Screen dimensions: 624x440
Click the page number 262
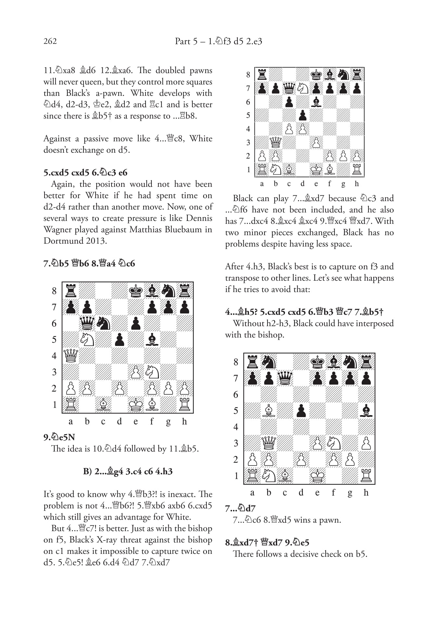[50, 41]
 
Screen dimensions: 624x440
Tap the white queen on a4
[71, 356]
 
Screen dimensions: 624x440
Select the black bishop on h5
[366, 411]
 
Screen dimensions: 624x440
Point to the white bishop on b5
[269, 411]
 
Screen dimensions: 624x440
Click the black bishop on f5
[152, 339]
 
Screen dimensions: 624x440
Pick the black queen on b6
[87, 323]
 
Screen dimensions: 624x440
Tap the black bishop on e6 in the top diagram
[316, 102]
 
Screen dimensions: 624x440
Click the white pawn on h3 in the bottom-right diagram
[366, 443]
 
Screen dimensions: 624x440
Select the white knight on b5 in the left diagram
[87, 339]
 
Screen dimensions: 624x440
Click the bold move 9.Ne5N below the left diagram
[59, 437]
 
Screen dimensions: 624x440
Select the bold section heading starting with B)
[128, 471]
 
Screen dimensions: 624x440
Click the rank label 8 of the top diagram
[248, 75]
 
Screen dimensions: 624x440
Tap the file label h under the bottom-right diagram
[366, 493]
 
